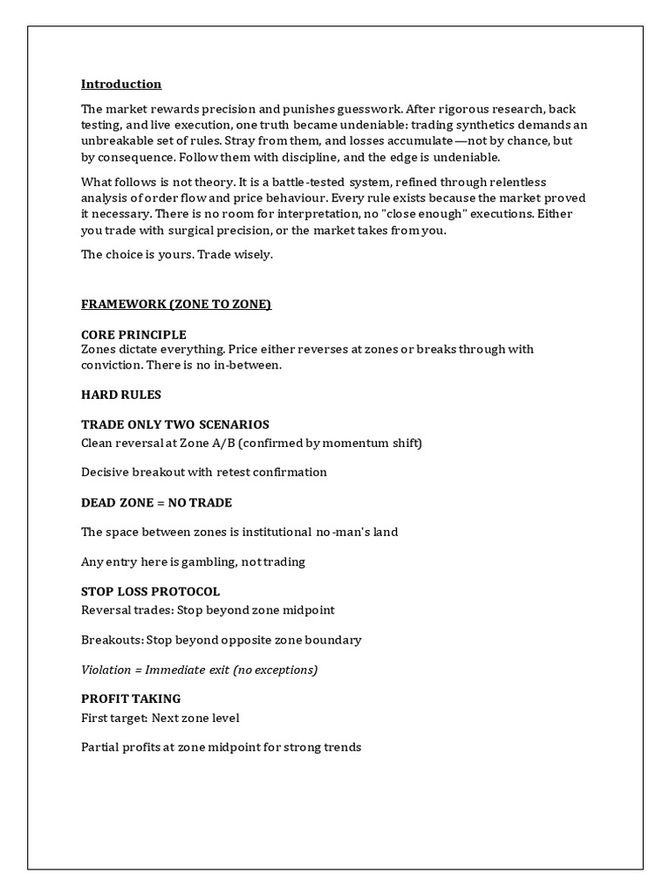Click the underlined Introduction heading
(121, 85)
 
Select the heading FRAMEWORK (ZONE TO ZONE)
(176, 304)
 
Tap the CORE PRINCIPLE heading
(133, 334)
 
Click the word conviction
(109, 366)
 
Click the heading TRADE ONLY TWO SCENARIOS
(175, 424)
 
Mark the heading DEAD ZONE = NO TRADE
(156, 503)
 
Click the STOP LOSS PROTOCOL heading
(150, 592)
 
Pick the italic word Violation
(107, 670)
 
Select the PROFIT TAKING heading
(131, 698)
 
